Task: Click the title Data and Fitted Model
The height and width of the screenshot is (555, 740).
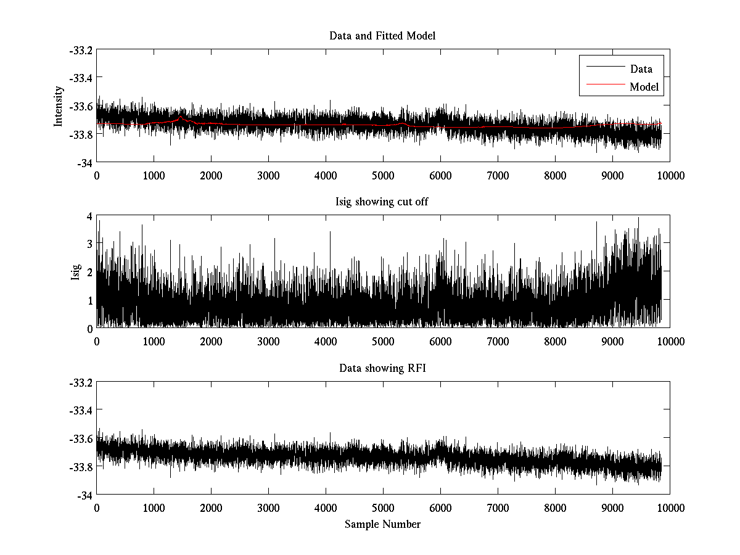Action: point(382,36)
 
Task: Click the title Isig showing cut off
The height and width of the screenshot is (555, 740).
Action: point(382,202)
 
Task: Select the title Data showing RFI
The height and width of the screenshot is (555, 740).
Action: point(382,368)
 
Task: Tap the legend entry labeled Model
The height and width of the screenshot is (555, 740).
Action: point(644,87)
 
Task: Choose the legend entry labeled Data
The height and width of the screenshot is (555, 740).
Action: point(641,69)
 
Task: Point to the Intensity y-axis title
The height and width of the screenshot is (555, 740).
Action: point(59,106)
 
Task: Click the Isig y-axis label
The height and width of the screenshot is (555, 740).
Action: point(75,272)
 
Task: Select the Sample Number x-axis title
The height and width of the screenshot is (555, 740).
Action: point(382,524)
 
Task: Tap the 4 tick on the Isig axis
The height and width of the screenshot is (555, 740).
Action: point(89,216)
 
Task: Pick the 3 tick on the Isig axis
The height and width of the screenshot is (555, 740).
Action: point(89,244)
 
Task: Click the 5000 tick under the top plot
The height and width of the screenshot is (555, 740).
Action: point(382,175)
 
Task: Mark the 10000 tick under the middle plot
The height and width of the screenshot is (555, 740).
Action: point(670,342)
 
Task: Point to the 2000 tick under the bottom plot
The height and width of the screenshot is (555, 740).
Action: point(211,508)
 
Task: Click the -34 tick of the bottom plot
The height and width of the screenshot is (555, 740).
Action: point(84,495)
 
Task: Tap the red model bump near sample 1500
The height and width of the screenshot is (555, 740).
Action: point(181,117)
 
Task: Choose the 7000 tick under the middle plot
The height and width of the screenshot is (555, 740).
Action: point(497,342)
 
